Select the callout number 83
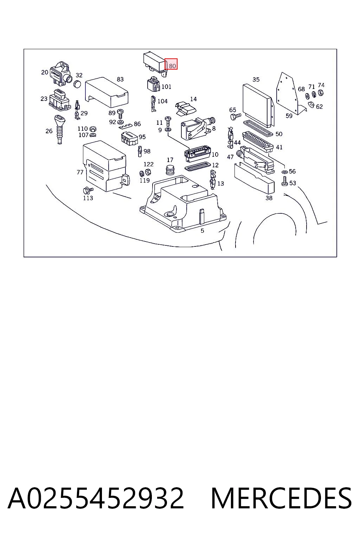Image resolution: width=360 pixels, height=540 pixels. click(120, 79)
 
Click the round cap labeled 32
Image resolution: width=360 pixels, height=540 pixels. click(77, 84)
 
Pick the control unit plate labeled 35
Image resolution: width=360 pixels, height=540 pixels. click(258, 105)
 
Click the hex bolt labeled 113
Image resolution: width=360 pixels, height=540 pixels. click(88, 191)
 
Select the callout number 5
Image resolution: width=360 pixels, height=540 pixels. click(202, 231)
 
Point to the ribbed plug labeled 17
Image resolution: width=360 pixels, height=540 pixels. click(171, 170)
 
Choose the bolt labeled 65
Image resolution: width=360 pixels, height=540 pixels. click(236, 117)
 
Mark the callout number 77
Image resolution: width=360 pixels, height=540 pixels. click(80, 172)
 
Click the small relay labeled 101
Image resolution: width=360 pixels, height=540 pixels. click(153, 84)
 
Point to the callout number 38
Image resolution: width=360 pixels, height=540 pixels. click(269, 198)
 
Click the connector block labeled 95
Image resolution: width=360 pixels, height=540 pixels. click(129, 139)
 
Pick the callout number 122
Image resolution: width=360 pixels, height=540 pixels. click(148, 164)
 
